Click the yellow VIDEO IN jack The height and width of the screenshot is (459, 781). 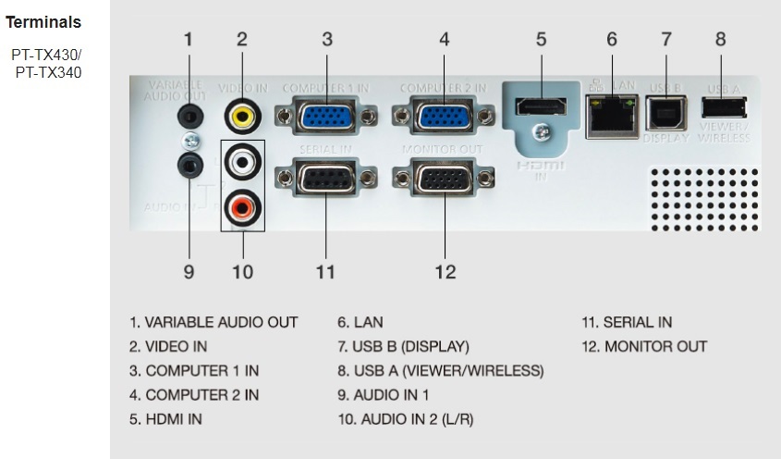[x=242, y=117]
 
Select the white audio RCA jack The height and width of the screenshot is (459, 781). [x=242, y=164]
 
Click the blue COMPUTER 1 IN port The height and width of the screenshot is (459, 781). [x=327, y=118]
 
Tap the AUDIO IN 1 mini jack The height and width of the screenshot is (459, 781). [x=189, y=165]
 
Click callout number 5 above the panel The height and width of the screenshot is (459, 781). [x=541, y=39]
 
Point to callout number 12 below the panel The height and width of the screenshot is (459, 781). [x=445, y=271]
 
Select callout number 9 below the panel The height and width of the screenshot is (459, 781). [x=189, y=271]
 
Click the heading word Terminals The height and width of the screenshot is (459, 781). [x=43, y=21]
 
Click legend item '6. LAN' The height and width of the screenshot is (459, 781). [x=360, y=322]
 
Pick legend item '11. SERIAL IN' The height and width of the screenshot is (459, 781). [x=627, y=322]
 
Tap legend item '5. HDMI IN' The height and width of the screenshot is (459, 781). [x=165, y=419]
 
